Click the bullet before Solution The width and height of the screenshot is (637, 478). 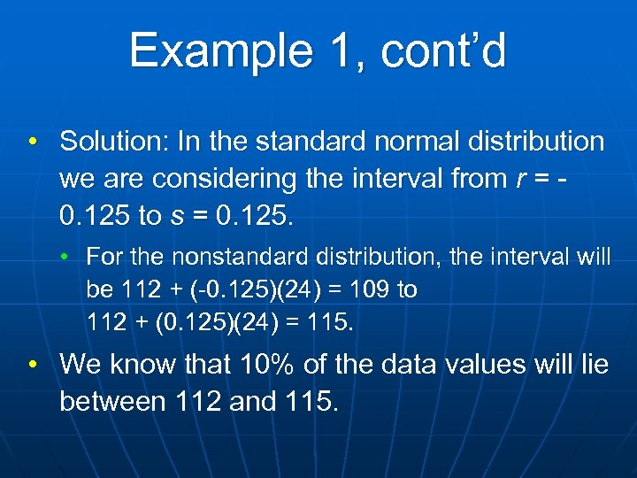(32, 142)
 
